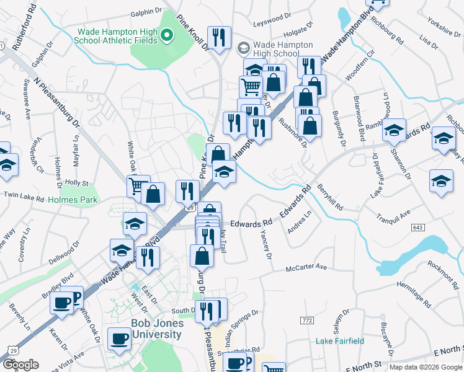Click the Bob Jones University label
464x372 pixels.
156,329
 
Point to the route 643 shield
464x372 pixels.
417,228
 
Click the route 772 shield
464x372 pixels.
306,320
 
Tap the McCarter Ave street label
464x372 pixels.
306,267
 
